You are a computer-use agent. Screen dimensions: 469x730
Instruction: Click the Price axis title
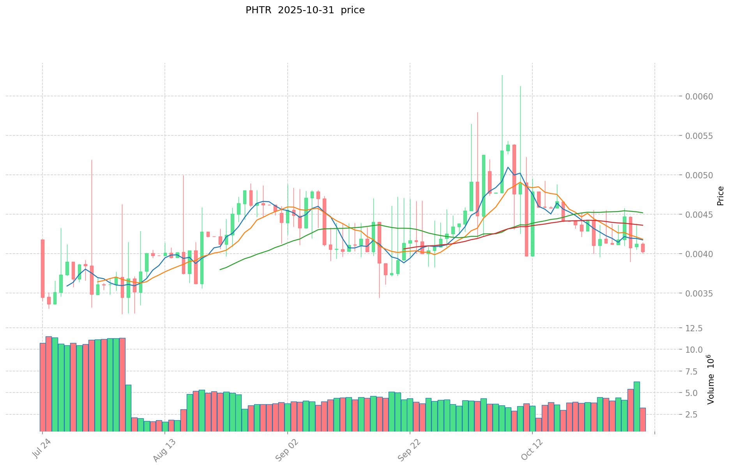click(720, 196)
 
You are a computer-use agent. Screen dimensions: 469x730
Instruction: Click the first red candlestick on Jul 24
click(42, 268)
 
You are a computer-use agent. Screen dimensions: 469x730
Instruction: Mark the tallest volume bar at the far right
click(636, 406)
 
